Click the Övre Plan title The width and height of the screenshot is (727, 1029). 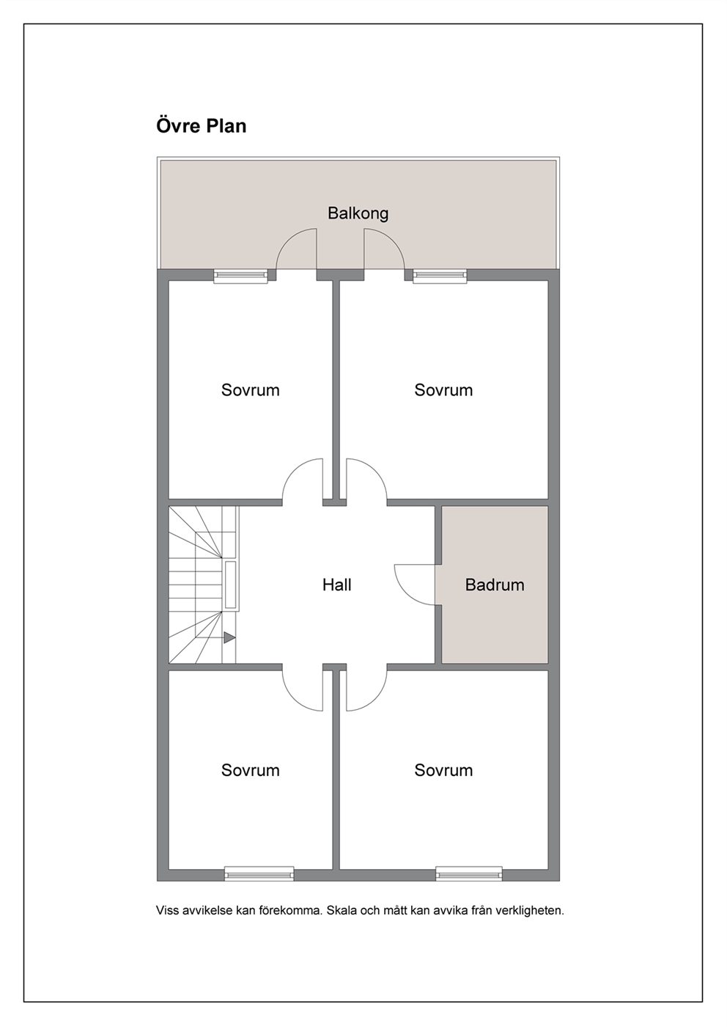(201, 126)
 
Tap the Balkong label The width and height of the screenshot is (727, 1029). (358, 213)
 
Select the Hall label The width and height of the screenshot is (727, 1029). (337, 585)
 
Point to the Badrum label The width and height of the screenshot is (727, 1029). (494, 585)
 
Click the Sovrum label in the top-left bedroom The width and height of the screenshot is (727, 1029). (250, 390)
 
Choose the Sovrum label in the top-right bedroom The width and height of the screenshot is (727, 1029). (443, 390)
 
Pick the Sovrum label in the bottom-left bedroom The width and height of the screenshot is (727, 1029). (250, 770)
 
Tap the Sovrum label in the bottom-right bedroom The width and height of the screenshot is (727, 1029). (443, 770)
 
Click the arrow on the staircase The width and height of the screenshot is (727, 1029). (229, 637)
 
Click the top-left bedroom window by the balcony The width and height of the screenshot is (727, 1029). (241, 276)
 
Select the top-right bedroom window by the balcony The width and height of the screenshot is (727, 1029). (440, 276)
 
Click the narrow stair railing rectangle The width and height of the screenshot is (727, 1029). (230, 585)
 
